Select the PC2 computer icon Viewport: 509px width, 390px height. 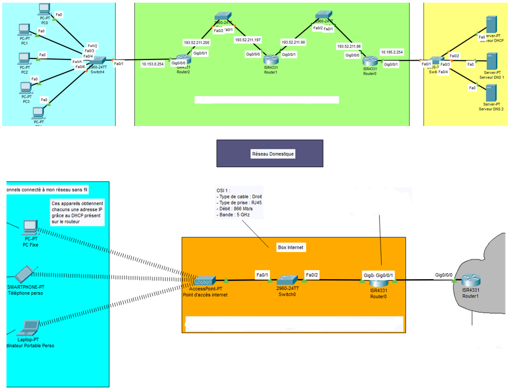(x=24, y=58)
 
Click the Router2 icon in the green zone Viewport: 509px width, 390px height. (x=184, y=61)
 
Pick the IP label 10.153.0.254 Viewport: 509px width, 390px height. (x=152, y=64)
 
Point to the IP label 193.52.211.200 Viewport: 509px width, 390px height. (x=196, y=42)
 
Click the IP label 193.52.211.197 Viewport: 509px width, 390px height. (x=248, y=39)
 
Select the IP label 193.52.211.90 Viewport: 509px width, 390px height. (x=293, y=42)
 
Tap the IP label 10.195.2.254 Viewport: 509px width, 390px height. (x=392, y=52)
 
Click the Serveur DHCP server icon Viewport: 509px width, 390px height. (x=491, y=25)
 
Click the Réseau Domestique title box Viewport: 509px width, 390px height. (x=269, y=154)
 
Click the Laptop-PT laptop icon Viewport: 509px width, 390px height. (x=29, y=327)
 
